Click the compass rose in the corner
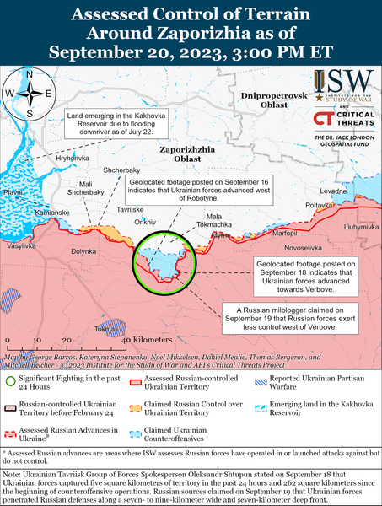click(29, 92)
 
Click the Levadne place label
click(333, 191)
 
